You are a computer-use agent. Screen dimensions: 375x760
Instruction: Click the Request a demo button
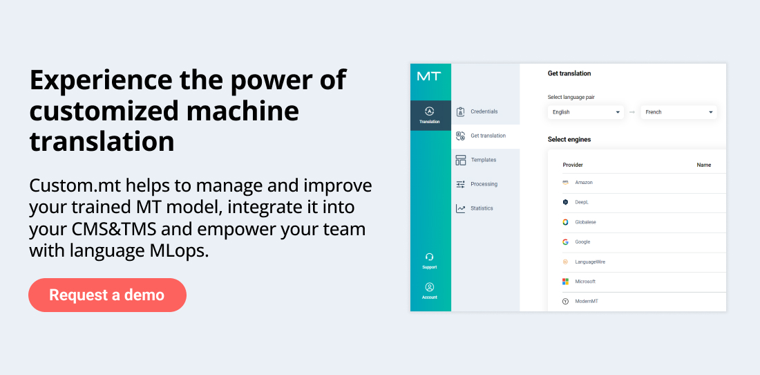[x=107, y=295]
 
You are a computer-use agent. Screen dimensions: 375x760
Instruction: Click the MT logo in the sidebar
[x=428, y=76]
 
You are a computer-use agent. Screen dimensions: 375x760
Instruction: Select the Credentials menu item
[x=484, y=111]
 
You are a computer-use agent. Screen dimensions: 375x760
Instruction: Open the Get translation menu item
[x=487, y=136]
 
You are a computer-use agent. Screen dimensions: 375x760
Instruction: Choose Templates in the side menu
[x=483, y=160]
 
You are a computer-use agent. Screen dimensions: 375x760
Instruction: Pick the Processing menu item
[x=484, y=184]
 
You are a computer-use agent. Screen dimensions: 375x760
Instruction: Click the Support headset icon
[x=429, y=257]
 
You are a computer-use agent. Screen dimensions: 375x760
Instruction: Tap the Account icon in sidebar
[x=429, y=287]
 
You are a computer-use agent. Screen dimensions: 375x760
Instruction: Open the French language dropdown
[x=678, y=112]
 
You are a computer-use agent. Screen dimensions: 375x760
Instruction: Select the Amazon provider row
[x=583, y=183]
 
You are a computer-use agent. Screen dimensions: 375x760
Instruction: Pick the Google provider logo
[x=565, y=242]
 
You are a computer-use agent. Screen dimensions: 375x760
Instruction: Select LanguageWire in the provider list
[x=589, y=262]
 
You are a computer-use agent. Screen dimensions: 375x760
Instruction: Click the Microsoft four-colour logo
[x=565, y=282]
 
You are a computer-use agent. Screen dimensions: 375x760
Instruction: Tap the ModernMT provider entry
[x=586, y=302]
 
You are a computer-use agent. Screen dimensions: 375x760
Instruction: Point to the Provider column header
[x=573, y=165]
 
